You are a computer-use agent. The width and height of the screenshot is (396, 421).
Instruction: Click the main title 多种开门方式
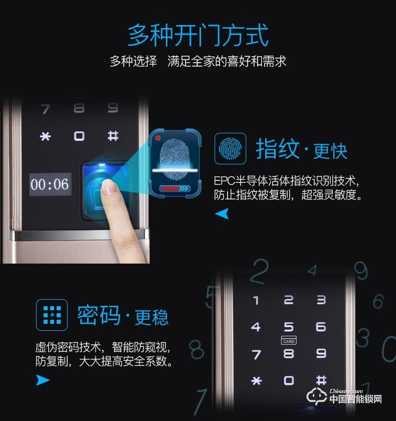coord(198,35)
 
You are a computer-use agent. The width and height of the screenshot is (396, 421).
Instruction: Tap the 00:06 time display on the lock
coord(50,184)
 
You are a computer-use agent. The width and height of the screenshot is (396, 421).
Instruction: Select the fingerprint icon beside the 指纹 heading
coord(230,148)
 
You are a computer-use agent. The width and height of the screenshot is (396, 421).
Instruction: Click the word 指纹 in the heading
coord(277,149)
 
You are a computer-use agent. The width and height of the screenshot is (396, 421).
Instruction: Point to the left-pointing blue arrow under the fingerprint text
coord(222,215)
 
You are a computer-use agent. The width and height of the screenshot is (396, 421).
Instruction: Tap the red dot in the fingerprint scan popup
coord(158,138)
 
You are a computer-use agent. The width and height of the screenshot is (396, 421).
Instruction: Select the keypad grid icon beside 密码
coord(52,315)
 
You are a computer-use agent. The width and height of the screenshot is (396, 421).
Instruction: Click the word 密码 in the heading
coord(99,315)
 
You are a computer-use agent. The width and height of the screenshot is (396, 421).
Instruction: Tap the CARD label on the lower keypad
coord(289,341)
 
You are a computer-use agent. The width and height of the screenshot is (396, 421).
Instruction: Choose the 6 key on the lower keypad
coord(321,327)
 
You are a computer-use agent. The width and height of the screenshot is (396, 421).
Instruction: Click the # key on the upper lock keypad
coord(113,136)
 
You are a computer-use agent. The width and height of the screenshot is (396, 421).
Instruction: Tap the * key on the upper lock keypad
coord(46,136)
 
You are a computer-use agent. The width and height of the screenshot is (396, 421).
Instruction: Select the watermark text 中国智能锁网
coord(355,399)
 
